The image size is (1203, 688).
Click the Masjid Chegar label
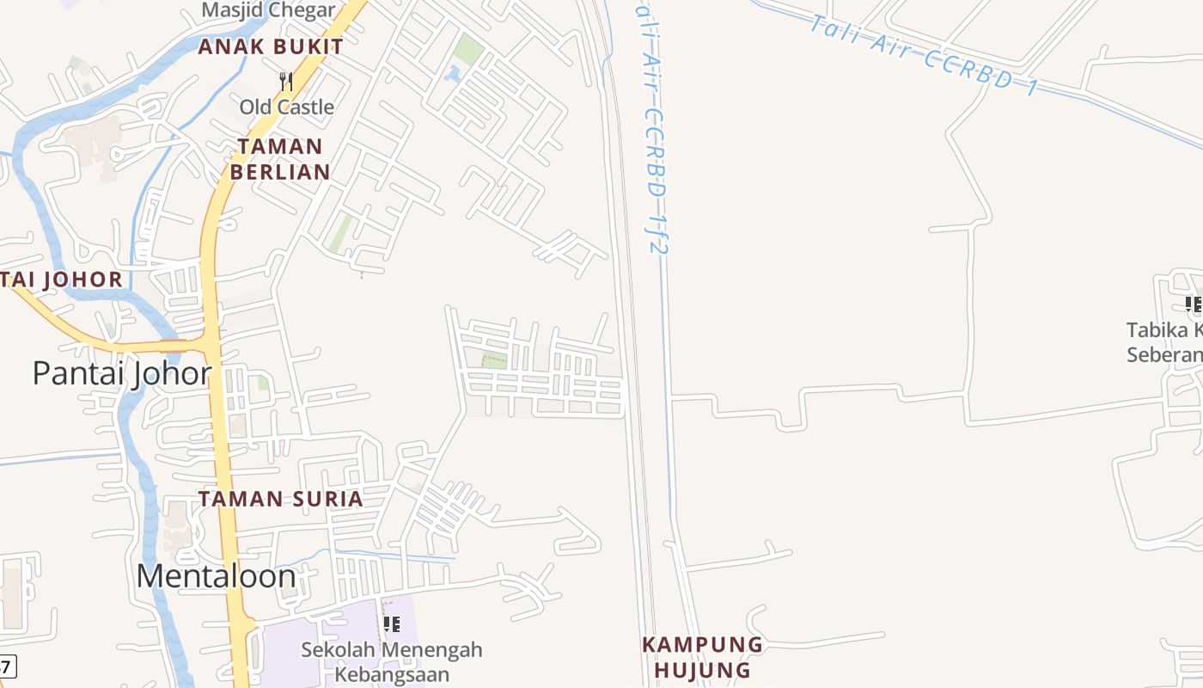268,10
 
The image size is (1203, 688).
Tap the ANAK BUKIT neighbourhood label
271,47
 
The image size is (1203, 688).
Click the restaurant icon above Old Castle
286,82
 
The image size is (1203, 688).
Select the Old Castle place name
286,107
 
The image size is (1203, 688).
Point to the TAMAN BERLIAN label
280,159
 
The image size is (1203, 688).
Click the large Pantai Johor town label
122,373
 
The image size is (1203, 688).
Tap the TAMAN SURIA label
281,499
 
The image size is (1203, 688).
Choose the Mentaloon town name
217,576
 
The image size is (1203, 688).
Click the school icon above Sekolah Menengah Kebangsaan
392,623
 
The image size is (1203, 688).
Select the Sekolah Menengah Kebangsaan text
392,661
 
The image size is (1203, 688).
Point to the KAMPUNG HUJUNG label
702,657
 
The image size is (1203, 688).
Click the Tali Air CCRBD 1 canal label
924,56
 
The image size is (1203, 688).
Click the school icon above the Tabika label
1193,304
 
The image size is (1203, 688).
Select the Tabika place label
1164,330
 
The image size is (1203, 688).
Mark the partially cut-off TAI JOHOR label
62,279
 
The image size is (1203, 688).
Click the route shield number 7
6,666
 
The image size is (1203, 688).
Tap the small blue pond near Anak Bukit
453,75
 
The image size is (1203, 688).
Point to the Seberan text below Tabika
1164,355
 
